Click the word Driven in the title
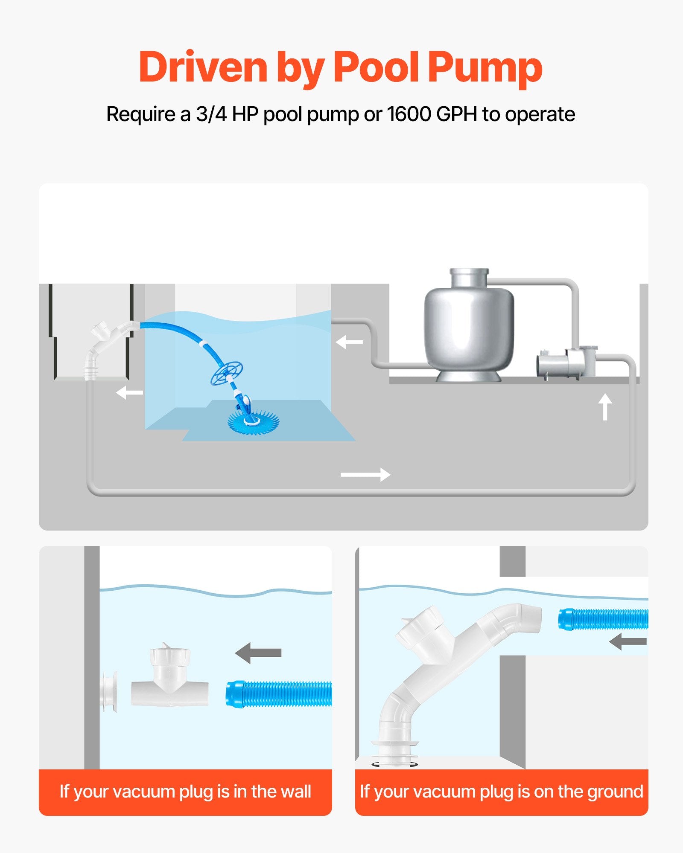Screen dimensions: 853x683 (x=203, y=67)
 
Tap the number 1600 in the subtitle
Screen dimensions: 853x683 (x=409, y=114)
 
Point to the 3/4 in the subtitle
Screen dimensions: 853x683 (x=211, y=114)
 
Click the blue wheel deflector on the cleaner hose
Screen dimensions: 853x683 (x=227, y=373)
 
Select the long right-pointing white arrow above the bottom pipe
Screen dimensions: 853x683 (x=365, y=474)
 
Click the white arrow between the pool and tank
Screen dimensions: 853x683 (x=349, y=342)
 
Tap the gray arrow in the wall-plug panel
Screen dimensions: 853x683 (x=258, y=653)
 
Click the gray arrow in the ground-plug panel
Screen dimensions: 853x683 (x=628, y=641)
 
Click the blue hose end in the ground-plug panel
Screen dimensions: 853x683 (x=602, y=619)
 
